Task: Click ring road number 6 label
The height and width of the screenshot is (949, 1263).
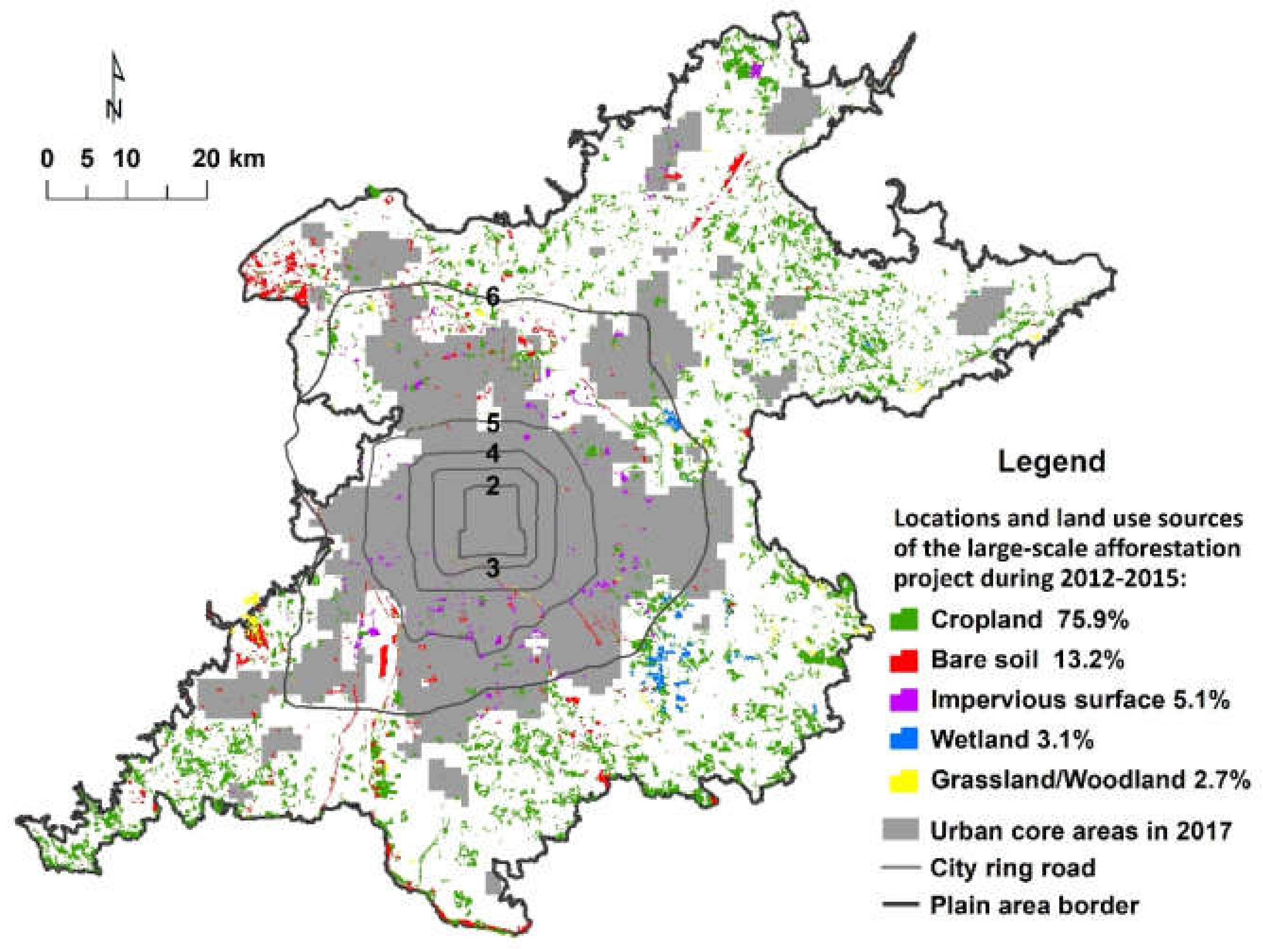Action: pyautogui.click(x=492, y=296)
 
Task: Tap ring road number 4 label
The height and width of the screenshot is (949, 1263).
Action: pyautogui.click(x=493, y=455)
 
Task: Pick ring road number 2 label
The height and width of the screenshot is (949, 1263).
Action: pyautogui.click(x=493, y=486)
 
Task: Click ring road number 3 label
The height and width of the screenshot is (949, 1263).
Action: pyautogui.click(x=493, y=568)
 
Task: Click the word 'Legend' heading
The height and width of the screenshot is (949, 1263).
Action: pyautogui.click(x=1051, y=461)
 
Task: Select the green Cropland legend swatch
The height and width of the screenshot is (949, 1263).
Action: pyautogui.click(x=904, y=620)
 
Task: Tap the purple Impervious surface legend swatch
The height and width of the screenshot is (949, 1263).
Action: pyautogui.click(x=904, y=700)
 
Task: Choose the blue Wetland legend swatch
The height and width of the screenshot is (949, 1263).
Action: pyautogui.click(x=904, y=740)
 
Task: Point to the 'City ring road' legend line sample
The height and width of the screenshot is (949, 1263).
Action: pyautogui.click(x=901, y=868)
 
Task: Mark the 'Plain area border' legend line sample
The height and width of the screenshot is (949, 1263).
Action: pyautogui.click(x=901, y=905)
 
